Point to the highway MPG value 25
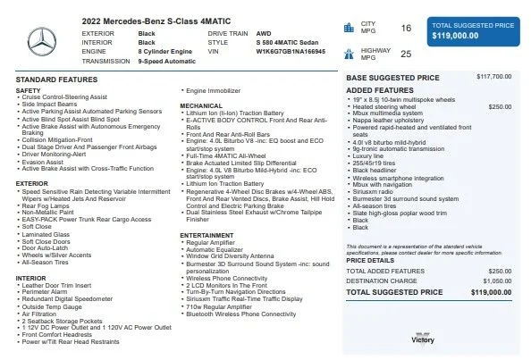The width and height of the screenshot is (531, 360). (406, 54)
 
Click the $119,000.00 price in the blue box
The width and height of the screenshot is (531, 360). (453, 36)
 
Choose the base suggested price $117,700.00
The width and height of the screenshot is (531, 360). (494, 77)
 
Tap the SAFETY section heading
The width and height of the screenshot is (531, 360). (28, 90)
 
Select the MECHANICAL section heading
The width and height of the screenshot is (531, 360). (201, 105)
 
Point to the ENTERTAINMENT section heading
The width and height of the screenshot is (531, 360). (208, 235)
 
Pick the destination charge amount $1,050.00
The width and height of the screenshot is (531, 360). (497, 280)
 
